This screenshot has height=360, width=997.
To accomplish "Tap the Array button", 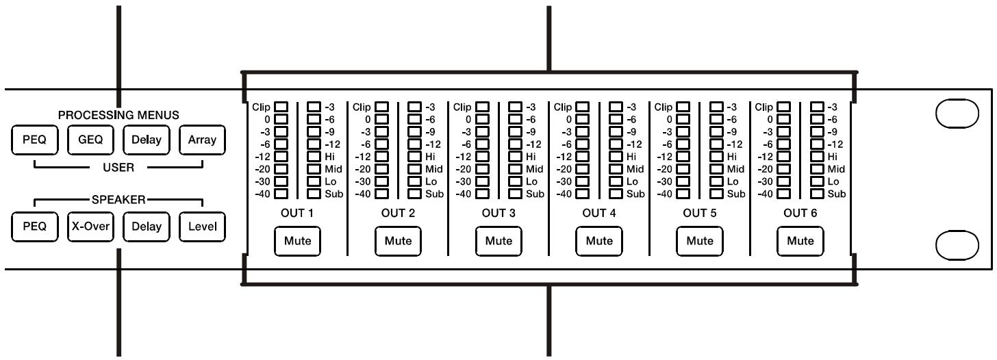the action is click(x=202, y=140).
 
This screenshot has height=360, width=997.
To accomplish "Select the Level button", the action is click(x=202, y=227).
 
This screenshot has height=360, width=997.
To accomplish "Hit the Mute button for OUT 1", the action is click(x=297, y=241).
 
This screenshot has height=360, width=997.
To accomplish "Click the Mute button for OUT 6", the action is click(x=800, y=241).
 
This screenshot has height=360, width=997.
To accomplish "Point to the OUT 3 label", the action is click(x=498, y=214).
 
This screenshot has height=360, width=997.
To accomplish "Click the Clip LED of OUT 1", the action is click(x=281, y=107).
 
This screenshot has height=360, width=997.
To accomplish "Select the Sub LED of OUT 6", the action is click(x=817, y=194).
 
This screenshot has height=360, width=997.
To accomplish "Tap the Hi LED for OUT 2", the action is click(x=414, y=157).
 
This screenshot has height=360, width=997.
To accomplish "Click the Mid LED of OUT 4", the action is click(x=616, y=169).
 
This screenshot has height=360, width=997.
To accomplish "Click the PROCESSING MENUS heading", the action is click(x=118, y=115).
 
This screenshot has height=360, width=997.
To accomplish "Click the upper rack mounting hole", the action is click(x=957, y=115).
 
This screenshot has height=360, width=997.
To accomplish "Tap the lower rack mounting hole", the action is click(x=957, y=244).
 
